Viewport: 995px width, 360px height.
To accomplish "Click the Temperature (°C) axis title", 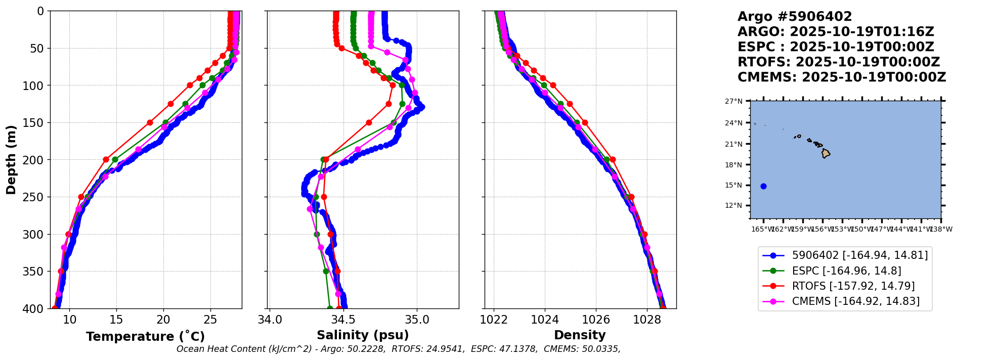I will tap(145, 337).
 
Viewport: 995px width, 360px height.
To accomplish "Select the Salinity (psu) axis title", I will tap(363, 335).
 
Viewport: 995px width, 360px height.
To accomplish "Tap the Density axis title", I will tap(580, 335).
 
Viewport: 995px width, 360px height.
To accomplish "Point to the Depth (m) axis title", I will tap(11, 160).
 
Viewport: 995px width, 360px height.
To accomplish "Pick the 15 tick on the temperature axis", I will tap(116, 320).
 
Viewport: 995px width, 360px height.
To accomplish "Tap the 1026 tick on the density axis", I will tap(595, 320).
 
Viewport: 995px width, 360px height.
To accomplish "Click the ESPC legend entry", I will tap(846, 271).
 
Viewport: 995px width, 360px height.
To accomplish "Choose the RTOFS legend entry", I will tap(853, 286).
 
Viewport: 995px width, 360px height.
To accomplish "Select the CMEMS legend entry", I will tap(855, 301).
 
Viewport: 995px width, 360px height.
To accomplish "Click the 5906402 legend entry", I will tap(859, 256).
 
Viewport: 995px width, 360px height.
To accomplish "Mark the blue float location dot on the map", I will tap(763, 186).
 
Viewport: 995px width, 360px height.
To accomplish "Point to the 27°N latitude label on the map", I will tap(733, 102).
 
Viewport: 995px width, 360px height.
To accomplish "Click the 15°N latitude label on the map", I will tap(733, 186).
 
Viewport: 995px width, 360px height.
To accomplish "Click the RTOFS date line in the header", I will tap(838, 62).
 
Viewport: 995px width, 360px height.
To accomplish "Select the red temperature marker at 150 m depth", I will tap(150, 122).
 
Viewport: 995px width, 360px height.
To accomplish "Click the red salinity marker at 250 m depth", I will tap(324, 197).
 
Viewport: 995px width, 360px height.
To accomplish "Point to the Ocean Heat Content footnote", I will tap(398, 349).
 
